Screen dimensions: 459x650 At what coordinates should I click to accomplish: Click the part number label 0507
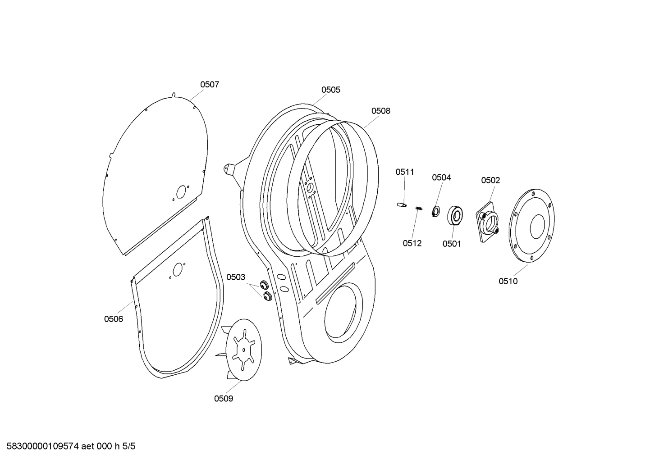pyautogui.click(x=210, y=84)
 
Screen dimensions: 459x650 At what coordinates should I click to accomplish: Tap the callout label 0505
pyautogui.click(x=330, y=90)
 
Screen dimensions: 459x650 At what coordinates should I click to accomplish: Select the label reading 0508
pyautogui.click(x=381, y=111)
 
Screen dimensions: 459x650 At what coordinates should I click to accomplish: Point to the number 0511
pyautogui.click(x=405, y=172)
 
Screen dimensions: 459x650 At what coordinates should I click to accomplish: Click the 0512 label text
pyautogui.click(x=412, y=243)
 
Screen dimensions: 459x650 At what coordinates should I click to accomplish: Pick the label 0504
pyautogui.click(x=441, y=177)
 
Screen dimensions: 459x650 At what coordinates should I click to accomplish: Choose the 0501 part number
pyautogui.click(x=452, y=244)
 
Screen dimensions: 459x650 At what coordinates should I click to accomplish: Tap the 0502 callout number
pyautogui.click(x=490, y=180)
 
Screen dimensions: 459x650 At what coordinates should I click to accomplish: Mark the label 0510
pyautogui.click(x=508, y=281)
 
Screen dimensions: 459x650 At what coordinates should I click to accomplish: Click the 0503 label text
pyautogui.click(x=236, y=277)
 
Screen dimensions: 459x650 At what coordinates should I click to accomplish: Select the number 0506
pyautogui.click(x=114, y=319)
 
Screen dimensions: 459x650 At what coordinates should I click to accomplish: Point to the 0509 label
pyautogui.click(x=224, y=398)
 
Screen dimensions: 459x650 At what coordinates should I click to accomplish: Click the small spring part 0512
pyautogui.click(x=419, y=208)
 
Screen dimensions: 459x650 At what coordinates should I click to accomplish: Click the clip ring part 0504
pyautogui.click(x=436, y=210)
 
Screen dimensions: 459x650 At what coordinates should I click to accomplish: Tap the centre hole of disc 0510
pyautogui.click(x=537, y=226)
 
